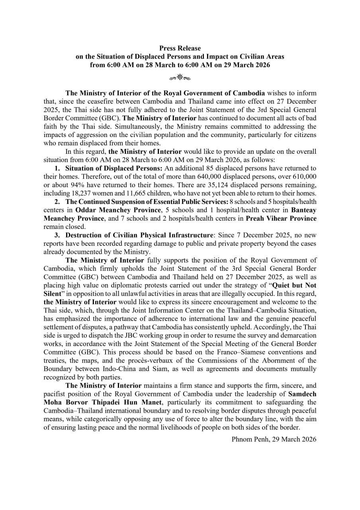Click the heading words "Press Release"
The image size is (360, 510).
pos(180,48)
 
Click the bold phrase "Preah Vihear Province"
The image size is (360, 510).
pos(281,219)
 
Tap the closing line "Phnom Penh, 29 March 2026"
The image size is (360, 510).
pos(274,439)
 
